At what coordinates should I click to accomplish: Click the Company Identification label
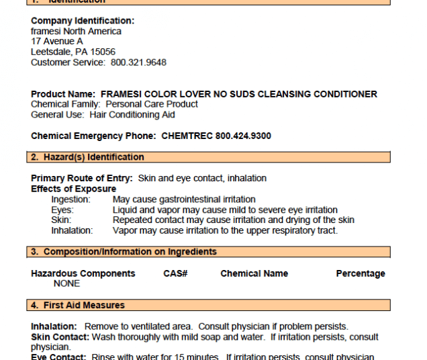coord(83,21)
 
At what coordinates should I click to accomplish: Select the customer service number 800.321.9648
coord(138,62)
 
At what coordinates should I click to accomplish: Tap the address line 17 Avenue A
coord(57,42)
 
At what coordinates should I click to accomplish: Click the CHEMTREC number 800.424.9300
coord(243,136)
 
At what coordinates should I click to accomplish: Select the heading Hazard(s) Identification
coord(93,157)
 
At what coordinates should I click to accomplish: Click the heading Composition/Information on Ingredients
coord(130,252)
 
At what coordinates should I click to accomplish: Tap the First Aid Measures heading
coord(84,305)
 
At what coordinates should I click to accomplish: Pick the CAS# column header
coord(175,273)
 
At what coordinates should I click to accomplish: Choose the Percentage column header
coord(361,273)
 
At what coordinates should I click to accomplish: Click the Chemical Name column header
coord(254,273)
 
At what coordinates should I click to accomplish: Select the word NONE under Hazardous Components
coord(66,283)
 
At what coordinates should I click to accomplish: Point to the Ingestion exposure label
coord(70,199)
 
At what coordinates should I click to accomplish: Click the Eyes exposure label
coord(62,210)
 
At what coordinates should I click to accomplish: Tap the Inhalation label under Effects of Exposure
coord(72,230)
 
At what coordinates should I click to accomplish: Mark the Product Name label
coord(63,94)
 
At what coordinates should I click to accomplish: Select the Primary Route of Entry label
coord(82,178)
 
